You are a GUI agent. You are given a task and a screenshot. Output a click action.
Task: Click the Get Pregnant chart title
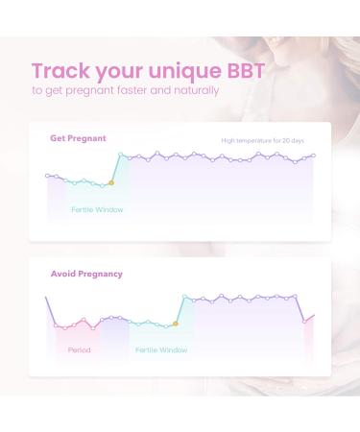[78, 138]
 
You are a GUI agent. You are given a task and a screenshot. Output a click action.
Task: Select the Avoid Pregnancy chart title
[86, 274]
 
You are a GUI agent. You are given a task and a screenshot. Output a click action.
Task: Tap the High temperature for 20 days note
[262, 140]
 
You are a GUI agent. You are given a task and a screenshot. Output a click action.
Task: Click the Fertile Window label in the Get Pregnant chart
[97, 209]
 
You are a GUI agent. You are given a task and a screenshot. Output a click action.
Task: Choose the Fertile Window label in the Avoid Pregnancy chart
[161, 350]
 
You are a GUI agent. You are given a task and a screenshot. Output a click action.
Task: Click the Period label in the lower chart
[80, 350]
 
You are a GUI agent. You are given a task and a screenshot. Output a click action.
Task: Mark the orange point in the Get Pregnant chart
[110, 182]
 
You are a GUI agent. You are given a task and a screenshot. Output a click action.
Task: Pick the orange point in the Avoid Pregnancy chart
[175, 324]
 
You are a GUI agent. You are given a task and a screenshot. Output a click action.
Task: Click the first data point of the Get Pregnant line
[48, 176]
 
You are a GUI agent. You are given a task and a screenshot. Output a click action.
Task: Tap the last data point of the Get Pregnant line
[313, 156]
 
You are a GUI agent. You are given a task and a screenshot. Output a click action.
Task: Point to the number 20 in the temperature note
[284, 140]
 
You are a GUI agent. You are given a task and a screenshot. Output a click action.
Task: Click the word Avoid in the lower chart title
[63, 274]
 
